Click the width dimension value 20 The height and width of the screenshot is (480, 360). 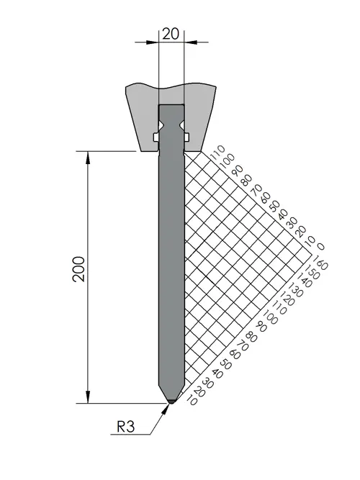170,34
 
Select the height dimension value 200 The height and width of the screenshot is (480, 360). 79,269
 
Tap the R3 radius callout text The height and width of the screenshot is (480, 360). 125,427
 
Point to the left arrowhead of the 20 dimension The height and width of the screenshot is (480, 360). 153,42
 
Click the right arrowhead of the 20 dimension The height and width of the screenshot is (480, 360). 191,42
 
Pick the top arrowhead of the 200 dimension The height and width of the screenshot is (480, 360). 89,158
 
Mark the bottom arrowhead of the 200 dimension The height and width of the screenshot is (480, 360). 89,397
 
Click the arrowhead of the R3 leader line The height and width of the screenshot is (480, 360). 166,409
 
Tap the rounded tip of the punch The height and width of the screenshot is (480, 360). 171,402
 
